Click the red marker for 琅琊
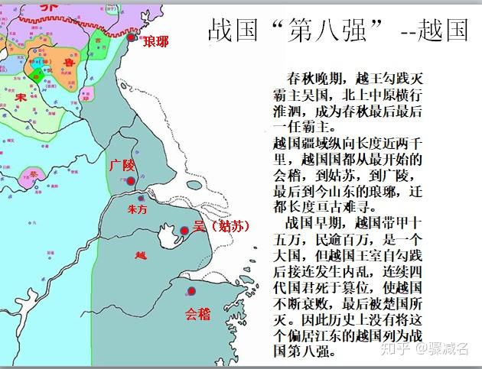(x=132, y=37)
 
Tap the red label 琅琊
(x=156, y=41)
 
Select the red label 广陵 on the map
(x=122, y=165)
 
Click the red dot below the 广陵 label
(x=131, y=181)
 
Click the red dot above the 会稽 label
(x=192, y=291)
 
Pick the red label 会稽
(x=197, y=312)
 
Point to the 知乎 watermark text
(x=396, y=350)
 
